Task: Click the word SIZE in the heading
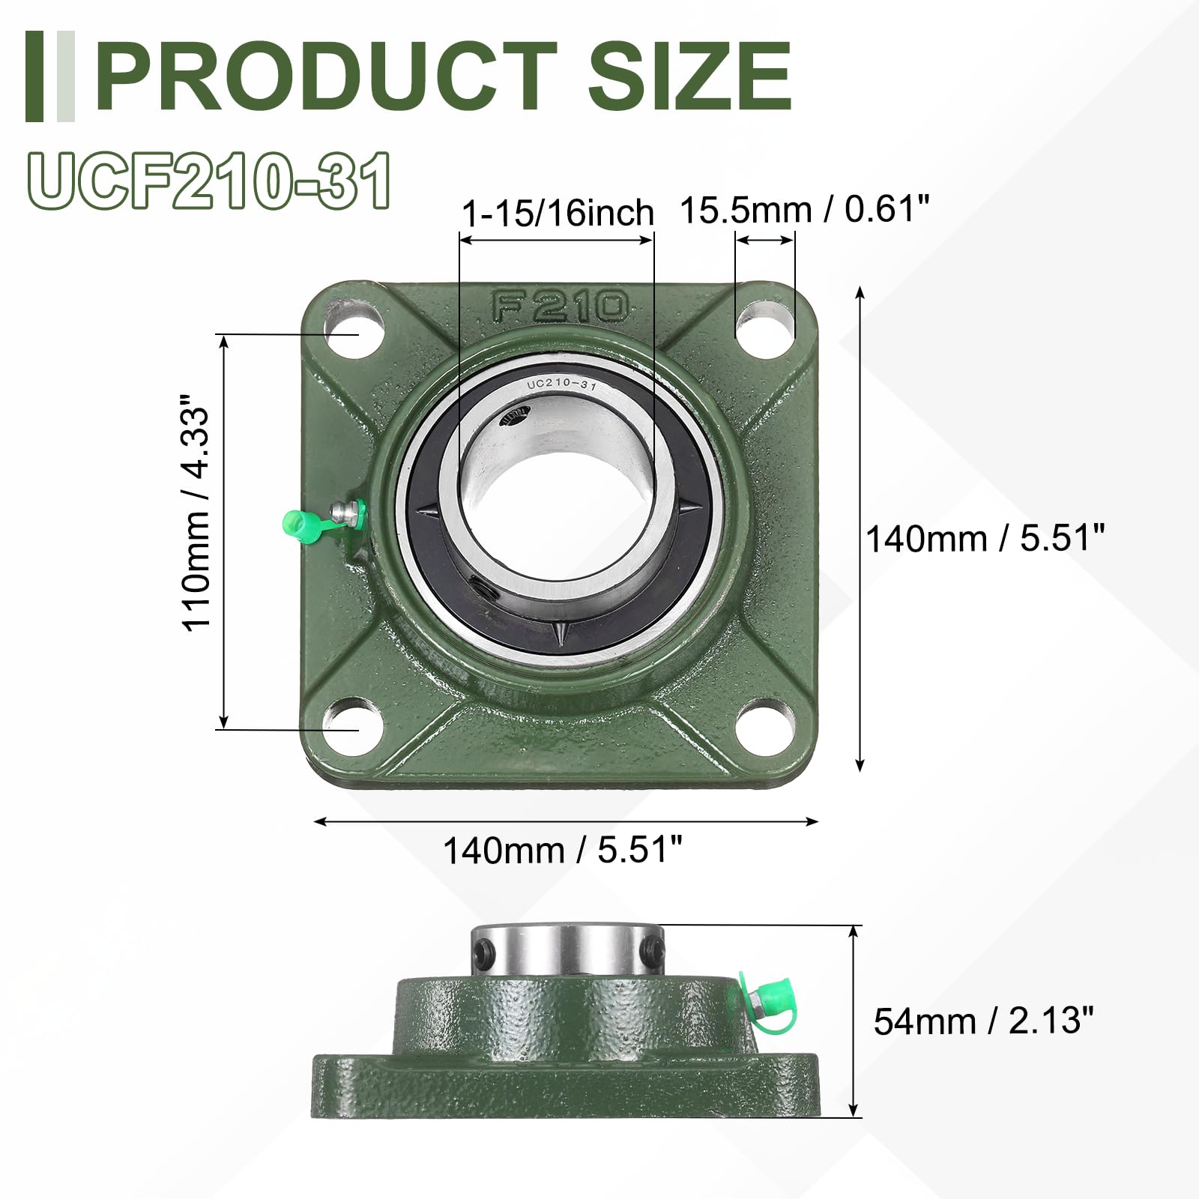[x=689, y=76]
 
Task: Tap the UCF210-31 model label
[x=210, y=180]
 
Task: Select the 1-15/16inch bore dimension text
[x=558, y=214]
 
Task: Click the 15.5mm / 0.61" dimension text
[x=805, y=209]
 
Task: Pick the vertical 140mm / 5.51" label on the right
[x=985, y=538]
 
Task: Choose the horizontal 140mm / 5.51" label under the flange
[x=563, y=851]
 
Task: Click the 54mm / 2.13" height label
[x=984, y=1021]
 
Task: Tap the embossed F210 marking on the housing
[x=561, y=306]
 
